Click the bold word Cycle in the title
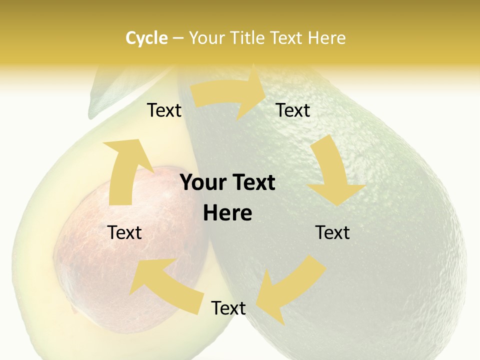coord(146,37)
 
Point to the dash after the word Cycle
coord(178,38)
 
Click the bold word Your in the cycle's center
coord(201,183)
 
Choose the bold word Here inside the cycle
coord(227,213)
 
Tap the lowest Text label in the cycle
coord(228,308)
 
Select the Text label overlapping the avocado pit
coord(125,232)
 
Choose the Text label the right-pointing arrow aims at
coord(293,110)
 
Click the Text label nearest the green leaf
coord(164,110)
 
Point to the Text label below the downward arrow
coord(332,232)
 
